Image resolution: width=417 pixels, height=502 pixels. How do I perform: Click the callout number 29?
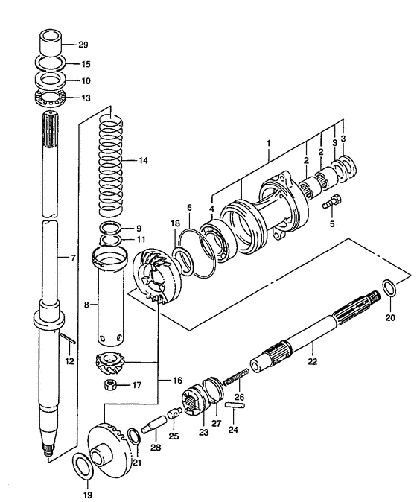tap(83, 45)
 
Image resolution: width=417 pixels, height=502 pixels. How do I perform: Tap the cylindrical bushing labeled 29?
tap(50, 43)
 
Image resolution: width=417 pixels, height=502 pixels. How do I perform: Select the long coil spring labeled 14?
tap(111, 165)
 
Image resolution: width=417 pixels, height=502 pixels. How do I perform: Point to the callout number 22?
tap(312, 361)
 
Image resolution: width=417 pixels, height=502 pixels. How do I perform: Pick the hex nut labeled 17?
tap(110, 384)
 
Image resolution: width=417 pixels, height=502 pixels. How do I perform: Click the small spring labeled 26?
tap(236, 376)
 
